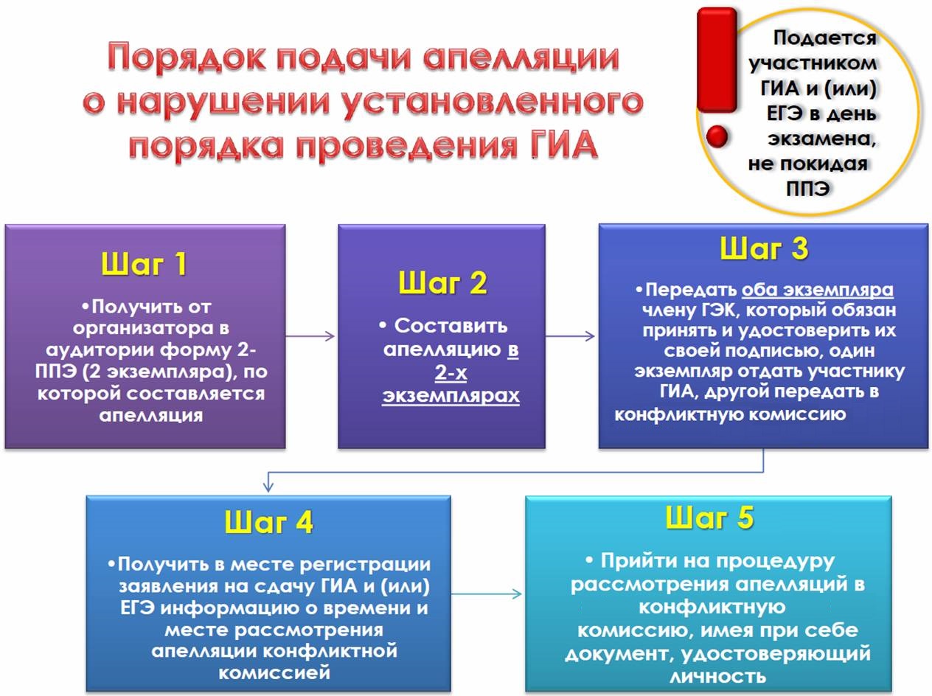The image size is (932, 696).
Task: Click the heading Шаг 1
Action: [x=145, y=264]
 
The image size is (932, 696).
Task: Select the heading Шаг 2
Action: [x=442, y=282]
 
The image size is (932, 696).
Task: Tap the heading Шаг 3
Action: [x=764, y=248]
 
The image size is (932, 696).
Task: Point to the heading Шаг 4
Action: [x=269, y=521]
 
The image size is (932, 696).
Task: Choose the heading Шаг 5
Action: [x=709, y=518]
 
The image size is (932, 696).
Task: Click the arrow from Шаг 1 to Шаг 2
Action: [x=310, y=336]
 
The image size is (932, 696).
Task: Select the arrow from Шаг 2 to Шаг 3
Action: [x=570, y=336]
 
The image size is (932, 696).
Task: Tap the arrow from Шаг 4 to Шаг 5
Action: [x=487, y=594]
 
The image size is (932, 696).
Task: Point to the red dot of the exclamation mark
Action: [x=717, y=136]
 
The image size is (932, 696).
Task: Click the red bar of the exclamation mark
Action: [x=717, y=60]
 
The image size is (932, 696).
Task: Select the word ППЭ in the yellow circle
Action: [x=808, y=189]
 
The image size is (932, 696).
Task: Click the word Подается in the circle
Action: [x=824, y=38]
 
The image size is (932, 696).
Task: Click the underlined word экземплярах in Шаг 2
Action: [x=451, y=396]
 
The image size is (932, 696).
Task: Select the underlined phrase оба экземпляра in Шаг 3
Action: [x=818, y=290]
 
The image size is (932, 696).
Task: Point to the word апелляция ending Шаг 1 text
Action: [x=150, y=415]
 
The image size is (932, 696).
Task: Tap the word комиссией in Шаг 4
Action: [x=274, y=672]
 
